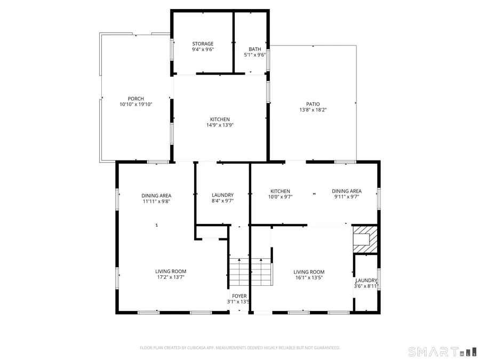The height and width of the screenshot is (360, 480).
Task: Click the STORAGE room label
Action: point(203,44)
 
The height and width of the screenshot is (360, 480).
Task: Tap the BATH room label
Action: point(255,49)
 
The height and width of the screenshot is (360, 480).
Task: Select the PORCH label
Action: point(135,99)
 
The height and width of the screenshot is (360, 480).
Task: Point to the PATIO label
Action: point(313,104)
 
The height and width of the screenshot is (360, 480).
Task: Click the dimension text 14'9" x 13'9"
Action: point(220,125)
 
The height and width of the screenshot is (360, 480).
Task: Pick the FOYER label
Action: point(239,296)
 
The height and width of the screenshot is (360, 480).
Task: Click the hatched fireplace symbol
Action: point(365,239)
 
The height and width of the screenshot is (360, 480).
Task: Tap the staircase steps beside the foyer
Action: point(251,272)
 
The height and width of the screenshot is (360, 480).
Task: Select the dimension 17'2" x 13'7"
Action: point(171,277)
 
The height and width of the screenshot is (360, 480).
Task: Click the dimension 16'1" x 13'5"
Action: point(309,278)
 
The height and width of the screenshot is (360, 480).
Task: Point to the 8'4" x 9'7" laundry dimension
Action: point(222,201)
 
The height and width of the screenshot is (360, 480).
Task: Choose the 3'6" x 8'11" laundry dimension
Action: point(366,286)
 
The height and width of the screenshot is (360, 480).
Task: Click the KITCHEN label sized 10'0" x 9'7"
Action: point(280,191)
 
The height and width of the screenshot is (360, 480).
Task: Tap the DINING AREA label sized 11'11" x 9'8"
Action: point(156,196)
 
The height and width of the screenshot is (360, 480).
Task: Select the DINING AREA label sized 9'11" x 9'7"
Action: point(347,191)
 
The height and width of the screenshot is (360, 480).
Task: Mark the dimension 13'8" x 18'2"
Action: point(313,109)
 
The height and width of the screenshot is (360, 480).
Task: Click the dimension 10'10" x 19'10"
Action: point(135,104)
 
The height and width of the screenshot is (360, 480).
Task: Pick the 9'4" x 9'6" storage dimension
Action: point(203,49)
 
